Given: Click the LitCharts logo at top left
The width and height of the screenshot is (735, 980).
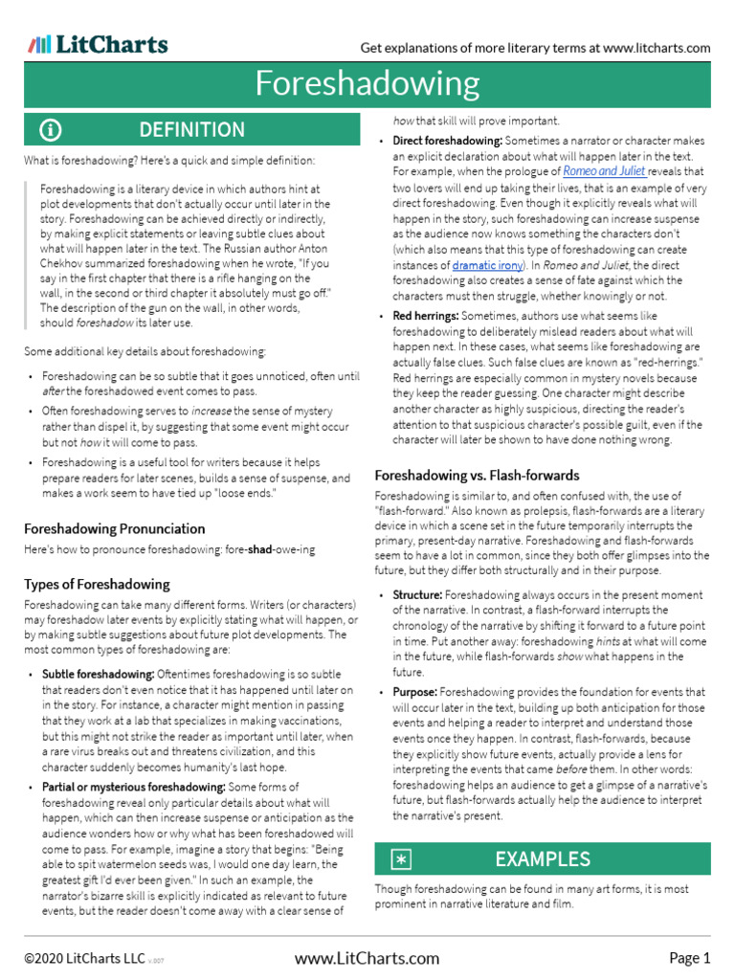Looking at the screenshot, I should [98, 44].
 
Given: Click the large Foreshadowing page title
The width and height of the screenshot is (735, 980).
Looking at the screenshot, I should [367, 84].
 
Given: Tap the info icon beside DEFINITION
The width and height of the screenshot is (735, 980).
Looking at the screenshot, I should [51, 130].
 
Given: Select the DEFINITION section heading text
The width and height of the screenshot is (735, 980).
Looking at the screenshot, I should [191, 130].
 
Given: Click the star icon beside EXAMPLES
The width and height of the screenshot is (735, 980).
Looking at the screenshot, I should [402, 859].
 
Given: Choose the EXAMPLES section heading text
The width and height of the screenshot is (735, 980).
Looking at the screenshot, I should [543, 859].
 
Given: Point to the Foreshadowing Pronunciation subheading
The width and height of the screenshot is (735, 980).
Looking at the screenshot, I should [114, 528].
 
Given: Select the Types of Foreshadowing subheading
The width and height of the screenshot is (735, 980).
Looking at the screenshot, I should [97, 584].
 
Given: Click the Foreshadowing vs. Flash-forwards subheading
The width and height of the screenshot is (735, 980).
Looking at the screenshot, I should [477, 475].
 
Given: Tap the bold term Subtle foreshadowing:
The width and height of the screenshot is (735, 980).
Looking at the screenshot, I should [98, 674].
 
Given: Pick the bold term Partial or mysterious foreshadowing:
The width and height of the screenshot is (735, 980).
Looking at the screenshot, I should [133, 788].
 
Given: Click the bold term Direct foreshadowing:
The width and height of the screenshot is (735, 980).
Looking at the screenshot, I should [448, 142].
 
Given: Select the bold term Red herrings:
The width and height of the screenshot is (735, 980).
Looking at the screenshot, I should [427, 316].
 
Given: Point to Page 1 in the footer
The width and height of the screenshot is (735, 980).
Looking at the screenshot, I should [689, 958].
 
